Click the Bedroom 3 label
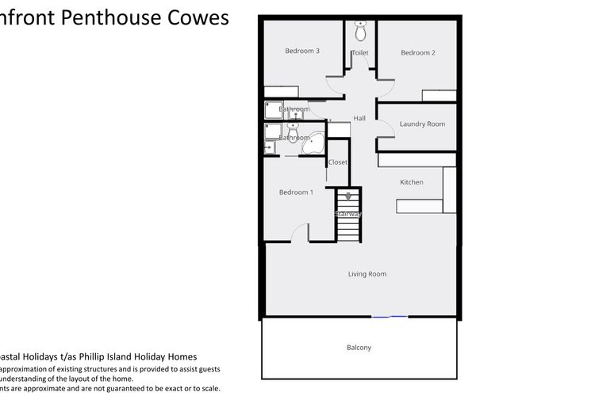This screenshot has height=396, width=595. click(302, 51)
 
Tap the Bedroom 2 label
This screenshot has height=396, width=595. click(418, 53)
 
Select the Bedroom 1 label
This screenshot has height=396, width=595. click(296, 192)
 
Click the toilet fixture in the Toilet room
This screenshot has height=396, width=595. click(360, 32)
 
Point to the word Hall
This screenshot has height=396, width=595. click(359, 119)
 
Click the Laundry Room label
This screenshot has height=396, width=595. click(422, 124)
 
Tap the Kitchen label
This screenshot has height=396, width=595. click(412, 183)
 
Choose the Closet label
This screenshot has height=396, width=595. click(338, 162)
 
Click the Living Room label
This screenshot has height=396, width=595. click(367, 275)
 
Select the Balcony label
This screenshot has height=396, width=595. click(359, 348)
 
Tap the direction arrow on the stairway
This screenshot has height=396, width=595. click(347, 196)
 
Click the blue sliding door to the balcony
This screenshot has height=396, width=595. click(390, 317)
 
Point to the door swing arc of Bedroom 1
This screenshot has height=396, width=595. click(300, 232)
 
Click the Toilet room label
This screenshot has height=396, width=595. click(360, 53)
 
